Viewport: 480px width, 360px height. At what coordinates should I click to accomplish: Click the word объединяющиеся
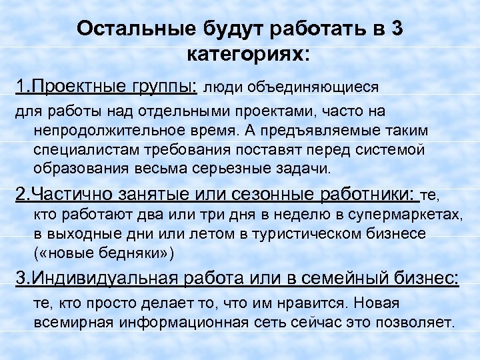(x=313, y=87)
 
